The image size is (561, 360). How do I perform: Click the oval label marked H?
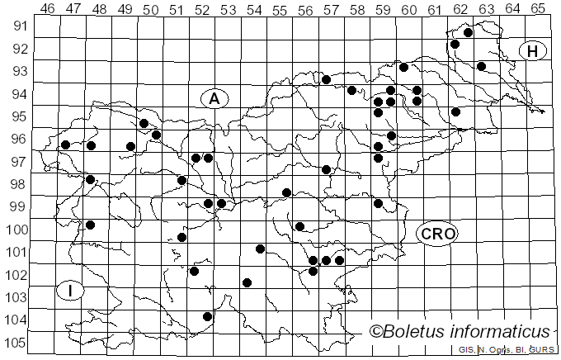[533, 51]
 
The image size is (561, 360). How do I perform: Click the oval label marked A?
[214, 99]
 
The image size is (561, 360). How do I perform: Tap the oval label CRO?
[437, 234]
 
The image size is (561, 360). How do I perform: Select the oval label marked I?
[71, 291]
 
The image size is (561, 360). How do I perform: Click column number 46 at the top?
[47, 8]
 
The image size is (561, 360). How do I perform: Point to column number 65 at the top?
[538, 8]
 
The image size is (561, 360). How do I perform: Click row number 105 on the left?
[18, 343]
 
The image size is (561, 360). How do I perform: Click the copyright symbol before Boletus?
[376, 332]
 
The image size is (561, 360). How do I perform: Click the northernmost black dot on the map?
[468, 33]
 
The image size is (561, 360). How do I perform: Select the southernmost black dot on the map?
[207, 316]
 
